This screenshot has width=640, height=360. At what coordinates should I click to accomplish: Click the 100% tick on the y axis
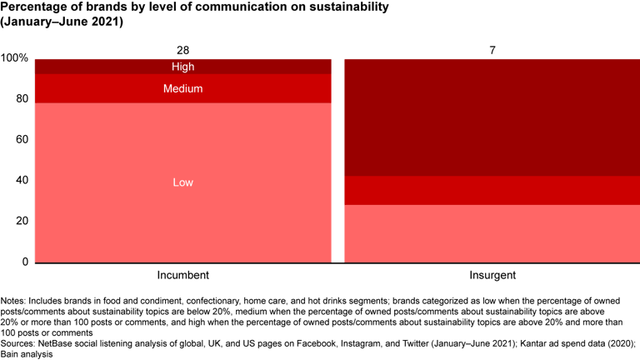(x=14, y=58)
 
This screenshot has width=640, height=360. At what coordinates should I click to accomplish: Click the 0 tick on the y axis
(x=24, y=262)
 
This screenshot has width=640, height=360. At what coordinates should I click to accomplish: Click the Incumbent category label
(x=182, y=274)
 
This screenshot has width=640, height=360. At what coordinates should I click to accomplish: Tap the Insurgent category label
(x=492, y=274)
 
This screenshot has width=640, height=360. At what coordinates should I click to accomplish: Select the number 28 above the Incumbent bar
(x=182, y=51)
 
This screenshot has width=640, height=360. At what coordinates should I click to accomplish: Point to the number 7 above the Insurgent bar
(x=492, y=51)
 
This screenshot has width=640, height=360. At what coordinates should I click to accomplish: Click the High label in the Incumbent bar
(x=182, y=67)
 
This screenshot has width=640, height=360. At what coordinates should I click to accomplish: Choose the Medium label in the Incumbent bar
(x=182, y=88)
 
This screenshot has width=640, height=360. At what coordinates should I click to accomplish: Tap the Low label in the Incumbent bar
(x=182, y=182)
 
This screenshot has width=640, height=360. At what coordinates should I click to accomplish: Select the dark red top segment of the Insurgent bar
(x=492, y=117)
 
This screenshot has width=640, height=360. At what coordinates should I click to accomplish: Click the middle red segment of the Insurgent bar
(x=492, y=190)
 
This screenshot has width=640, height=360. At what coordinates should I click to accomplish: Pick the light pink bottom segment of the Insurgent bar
(x=492, y=233)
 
